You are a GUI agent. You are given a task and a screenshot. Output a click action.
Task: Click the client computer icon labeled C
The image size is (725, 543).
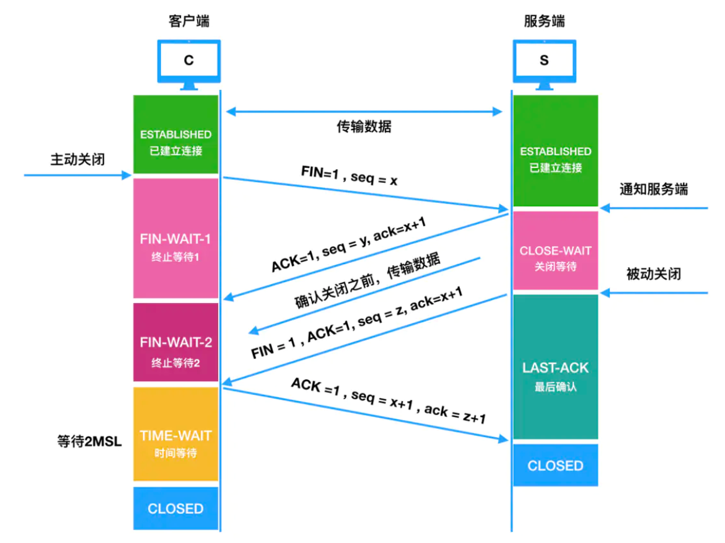(x=188, y=61)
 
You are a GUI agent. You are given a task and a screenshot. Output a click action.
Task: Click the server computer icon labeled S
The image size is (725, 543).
(x=544, y=61)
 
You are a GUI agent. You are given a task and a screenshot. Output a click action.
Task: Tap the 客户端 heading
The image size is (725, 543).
(x=188, y=22)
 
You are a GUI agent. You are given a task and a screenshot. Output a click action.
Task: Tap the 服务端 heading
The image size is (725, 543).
(x=544, y=22)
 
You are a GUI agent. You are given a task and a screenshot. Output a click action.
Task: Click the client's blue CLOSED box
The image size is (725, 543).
(x=176, y=508)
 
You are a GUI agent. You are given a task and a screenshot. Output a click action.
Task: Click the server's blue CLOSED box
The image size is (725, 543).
(x=555, y=465)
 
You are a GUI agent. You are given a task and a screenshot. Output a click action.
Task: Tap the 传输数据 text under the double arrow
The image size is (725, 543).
(x=364, y=127)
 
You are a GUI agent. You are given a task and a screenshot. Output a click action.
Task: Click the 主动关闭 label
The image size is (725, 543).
(x=77, y=159)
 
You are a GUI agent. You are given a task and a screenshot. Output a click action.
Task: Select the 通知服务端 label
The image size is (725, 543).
(x=653, y=190)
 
